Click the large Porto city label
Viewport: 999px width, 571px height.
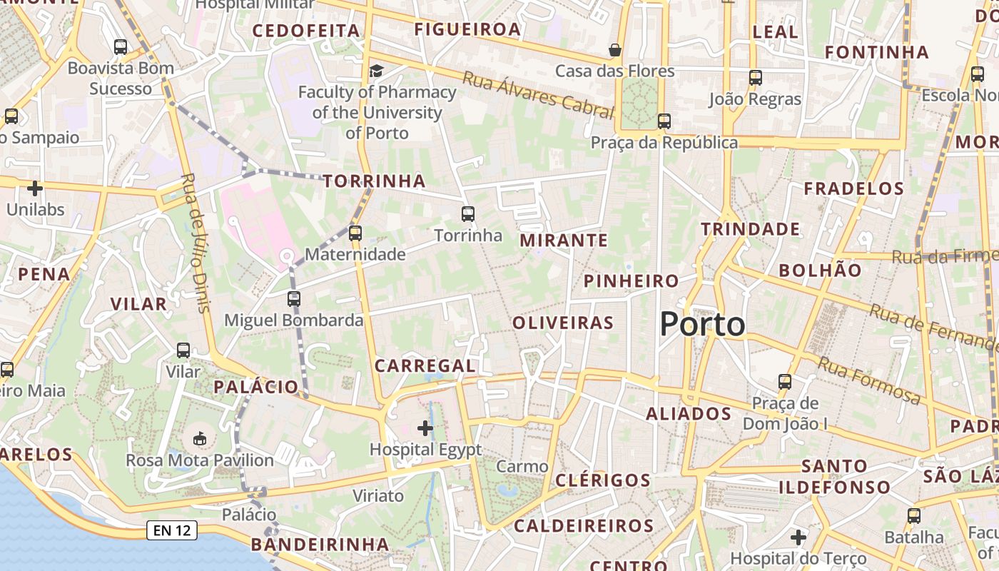[x=702, y=325]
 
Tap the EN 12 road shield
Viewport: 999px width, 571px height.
[x=172, y=530]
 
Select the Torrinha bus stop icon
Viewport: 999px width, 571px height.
[x=467, y=213]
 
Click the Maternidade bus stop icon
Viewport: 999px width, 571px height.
[x=355, y=233]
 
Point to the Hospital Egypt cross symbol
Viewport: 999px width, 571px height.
[x=425, y=428]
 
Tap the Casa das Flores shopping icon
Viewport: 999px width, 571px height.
[x=614, y=50]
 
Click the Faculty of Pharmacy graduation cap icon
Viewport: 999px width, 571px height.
[x=376, y=71]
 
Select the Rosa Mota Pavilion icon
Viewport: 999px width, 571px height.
[x=199, y=438]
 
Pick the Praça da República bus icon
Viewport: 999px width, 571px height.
[x=664, y=121]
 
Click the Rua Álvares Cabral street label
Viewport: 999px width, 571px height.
[x=538, y=95]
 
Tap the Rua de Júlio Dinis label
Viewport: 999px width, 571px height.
[x=197, y=243]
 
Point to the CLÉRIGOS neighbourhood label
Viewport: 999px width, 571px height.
[x=603, y=480]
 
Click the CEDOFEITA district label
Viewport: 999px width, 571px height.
[x=306, y=31]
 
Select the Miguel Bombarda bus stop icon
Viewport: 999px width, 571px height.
[x=294, y=299]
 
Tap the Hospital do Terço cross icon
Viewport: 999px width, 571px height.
[x=798, y=537]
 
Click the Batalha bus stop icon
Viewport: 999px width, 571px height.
[x=914, y=515]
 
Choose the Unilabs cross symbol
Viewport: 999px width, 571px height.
[x=34, y=188]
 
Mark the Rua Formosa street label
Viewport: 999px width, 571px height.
[x=869, y=380]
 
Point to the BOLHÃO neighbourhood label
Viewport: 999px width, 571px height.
[x=820, y=271]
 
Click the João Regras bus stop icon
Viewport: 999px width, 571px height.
[x=756, y=78]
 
